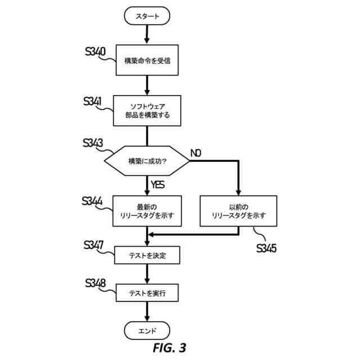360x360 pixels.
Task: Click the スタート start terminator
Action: tap(147, 17)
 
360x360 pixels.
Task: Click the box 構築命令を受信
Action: tap(147, 60)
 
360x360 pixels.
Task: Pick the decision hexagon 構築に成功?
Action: tap(147, 160)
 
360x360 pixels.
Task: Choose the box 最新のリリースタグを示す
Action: tap(147, 211)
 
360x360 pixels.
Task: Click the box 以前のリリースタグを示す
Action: tap(238, 211)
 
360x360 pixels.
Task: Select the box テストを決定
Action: tap(147, 255)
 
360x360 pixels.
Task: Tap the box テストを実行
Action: tap(147, 293)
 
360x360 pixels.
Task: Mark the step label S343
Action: tap(92, 143)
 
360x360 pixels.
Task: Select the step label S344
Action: tap(92, 201)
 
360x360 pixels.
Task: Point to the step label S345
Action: tap(266, 248)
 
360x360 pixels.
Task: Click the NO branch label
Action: tap(196, 153)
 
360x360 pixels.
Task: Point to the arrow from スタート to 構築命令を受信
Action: tap(147, 34)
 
